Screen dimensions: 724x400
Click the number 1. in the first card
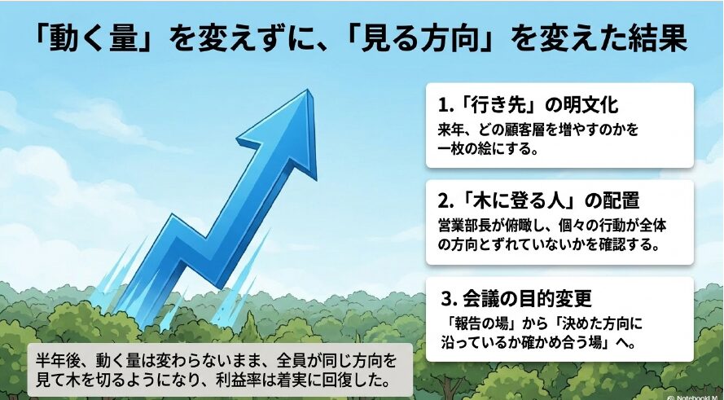pyautogui.click(x=444, y=105)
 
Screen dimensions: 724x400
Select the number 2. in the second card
pyautogui.click(x=445, y=201)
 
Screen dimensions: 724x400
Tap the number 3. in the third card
pyautogui.click(x=448, y=299)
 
